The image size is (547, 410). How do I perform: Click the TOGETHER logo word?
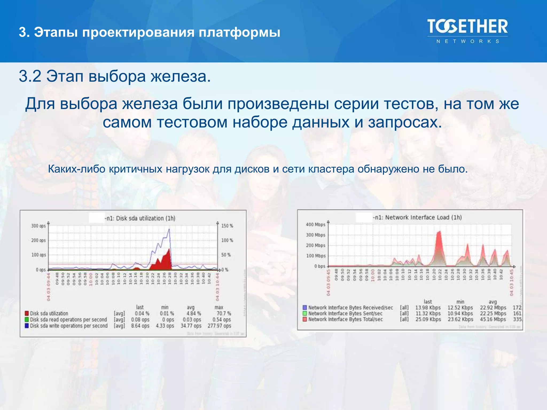click(467, 27)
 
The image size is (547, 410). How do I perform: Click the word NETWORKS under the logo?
click(468, 41)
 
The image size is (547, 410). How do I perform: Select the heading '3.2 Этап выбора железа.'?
click(115, 76)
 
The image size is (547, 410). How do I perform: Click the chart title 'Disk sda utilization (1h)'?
click(146, 218)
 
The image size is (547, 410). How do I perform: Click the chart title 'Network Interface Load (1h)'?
click(423, 217)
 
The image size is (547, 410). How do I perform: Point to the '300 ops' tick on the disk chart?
click(38, 226)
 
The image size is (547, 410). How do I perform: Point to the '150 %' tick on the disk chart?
click(227, 226)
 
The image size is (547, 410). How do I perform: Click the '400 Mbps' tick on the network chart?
click(315, 224)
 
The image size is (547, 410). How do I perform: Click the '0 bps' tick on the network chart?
click(319, 266)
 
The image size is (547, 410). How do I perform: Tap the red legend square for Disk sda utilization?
click(27, 313)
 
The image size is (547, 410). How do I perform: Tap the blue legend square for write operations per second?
click(27, 326)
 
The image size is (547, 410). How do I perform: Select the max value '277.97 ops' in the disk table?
click(219, 326)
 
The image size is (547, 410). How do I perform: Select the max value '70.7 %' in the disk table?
click(224, 313)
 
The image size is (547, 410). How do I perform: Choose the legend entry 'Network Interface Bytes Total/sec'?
click(345, 319)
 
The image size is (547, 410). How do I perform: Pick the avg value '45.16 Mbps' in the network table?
click(493, 319)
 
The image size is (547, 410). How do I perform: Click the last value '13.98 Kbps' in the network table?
click(428, 307)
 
